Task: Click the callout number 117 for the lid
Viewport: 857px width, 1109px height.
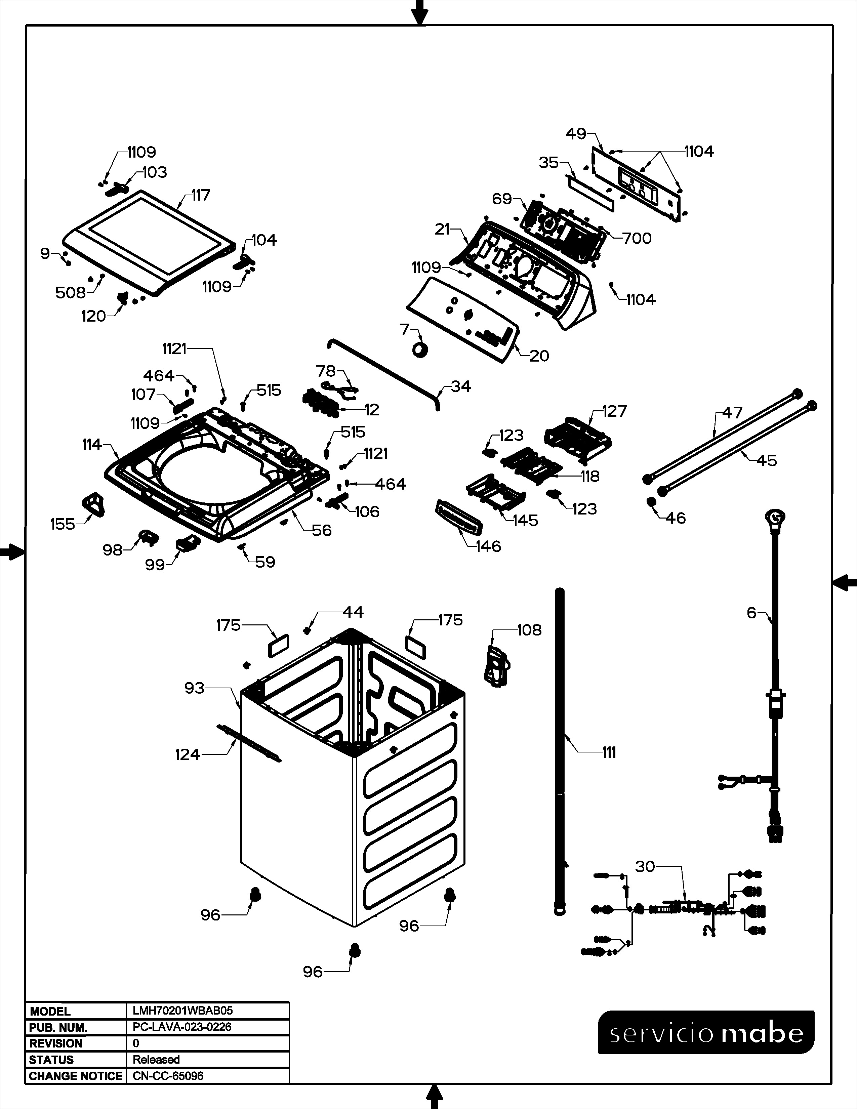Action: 201,196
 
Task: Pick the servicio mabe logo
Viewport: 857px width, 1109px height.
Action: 706,1032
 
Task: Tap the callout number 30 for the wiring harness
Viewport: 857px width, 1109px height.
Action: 645,866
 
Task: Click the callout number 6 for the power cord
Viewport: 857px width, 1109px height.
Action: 751,613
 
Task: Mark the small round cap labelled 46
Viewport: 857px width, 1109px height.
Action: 651,502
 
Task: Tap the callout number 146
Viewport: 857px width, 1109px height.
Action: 488,546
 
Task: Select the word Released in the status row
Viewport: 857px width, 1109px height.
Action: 156,1060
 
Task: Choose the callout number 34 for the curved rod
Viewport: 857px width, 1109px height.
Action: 460,386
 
